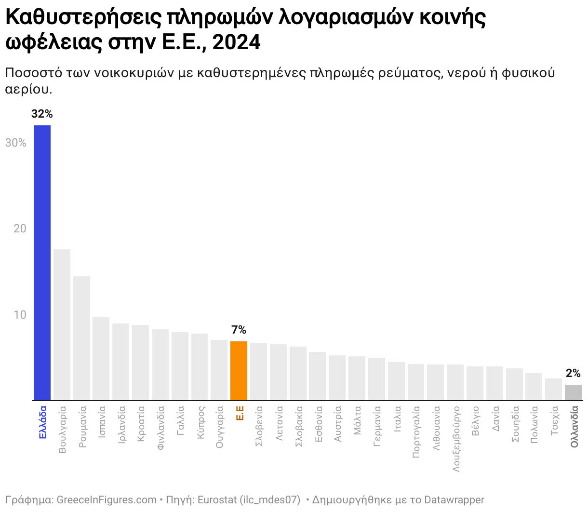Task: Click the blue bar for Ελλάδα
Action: click(x=42, y=263)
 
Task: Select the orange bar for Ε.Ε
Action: click(x=239, y=371)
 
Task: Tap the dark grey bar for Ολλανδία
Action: click(x=573, y=392)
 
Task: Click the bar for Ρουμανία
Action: click(x=81, y=338)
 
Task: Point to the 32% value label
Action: click(x=42, y=114)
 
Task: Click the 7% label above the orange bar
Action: click(x=239, y=330)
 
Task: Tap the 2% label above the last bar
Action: click(x=573, y=373)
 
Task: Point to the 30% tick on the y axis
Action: click(x=16, y=143)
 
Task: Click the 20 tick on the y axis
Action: click(x=20, y=229)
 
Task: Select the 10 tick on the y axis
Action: click(x=20, y=315)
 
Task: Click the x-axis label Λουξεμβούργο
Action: click(x=455, y=439)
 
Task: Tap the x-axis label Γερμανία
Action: click(x=377, y=426)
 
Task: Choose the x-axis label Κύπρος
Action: click(x=200, y=423)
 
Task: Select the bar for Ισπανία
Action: click(x=101, y=359)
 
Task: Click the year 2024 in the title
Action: click(x=236, y=42)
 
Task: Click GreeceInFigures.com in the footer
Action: click(x=107, y=500)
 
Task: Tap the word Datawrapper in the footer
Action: click(x=454, y=500)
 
